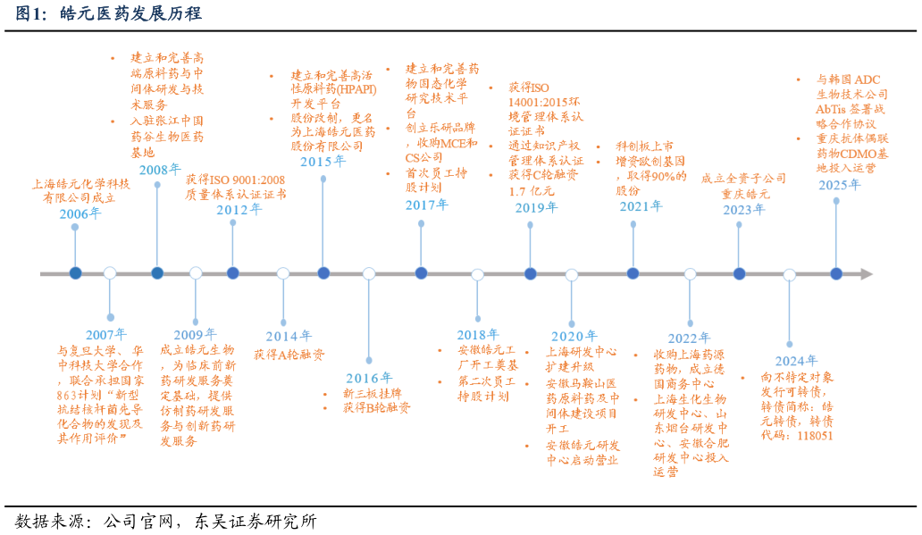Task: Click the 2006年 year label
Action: click(x=80, y=213)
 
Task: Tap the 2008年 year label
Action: click(x=160, y=170)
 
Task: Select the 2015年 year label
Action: click(x=323, y=162)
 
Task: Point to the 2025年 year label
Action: click(x=839, y=185)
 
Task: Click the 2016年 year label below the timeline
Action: click(x=369, y=377)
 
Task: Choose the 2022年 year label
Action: click(x=689, y=338)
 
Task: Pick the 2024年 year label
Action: click(x=796, y=361)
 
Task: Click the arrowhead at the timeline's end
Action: click(x=866, y=274)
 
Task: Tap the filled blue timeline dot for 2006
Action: click(x=75, y=273)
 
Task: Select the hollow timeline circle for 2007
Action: click(x=110, y=273)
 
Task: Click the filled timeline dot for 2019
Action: click(x=530, y=273)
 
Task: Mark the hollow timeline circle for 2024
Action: click(x=789, y=274)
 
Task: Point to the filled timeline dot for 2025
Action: click(x=836, y=273)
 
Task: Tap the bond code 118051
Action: click(x=809, y=436)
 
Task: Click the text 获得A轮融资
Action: click(x=289, y=355)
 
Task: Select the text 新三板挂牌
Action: click(x=373, y=393)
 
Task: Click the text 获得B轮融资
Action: click(x=376, y=408)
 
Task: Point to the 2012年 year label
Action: click(x=239, y=209)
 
